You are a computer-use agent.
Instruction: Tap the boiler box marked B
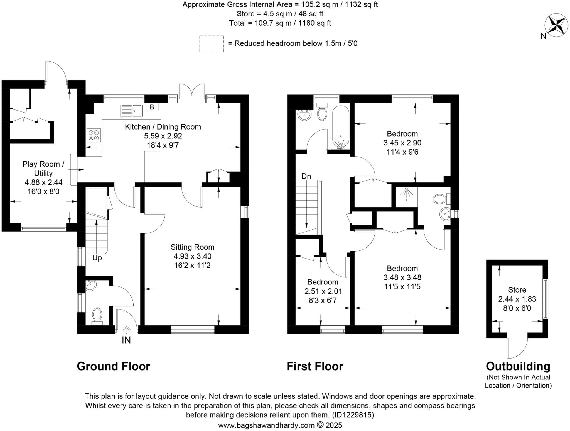click(x=152, y=107)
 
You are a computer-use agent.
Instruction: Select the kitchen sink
click(x=131, y=111)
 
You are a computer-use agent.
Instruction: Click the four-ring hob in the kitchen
click(x=94, y=135)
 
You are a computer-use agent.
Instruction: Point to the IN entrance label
click(x=126, y=340)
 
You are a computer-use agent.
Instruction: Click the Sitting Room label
click(x=192, y=247)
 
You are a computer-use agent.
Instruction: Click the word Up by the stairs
click(x=97, y=258)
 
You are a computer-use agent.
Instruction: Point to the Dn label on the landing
click(x=306, y=176)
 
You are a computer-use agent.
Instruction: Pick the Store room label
click(x=517, y=290)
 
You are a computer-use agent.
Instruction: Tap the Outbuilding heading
click(x=518, y=366)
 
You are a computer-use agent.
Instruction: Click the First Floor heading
click(x=315, y=366)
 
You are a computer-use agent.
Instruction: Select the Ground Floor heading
click(x=113, y=366)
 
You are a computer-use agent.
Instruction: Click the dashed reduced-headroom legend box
click(x=212, y=44)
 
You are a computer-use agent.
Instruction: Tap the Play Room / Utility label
click(x=43, y=169)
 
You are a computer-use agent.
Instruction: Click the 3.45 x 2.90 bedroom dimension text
click(x=402, y=143)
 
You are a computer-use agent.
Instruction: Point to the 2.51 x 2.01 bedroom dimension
click(x=323, y=291)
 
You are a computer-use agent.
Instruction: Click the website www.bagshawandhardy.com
click(x=266, y=425)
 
